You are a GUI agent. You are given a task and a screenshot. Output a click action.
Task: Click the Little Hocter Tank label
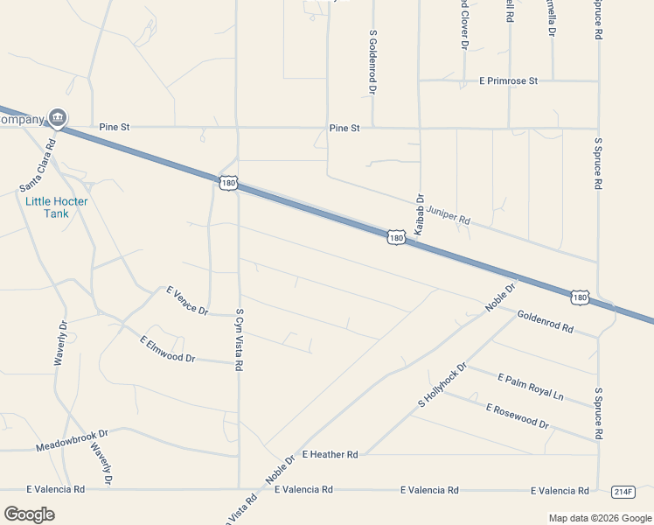pyautogui.click(x=57, y=206)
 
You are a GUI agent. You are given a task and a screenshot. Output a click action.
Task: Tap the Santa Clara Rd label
pyautogui.click(x=38, y=165)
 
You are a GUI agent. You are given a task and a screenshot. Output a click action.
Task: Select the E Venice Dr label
pyautogui.click(x=187, y=299)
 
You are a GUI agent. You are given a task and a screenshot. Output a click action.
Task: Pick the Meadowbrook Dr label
pyautogui.click(x=72, y=440)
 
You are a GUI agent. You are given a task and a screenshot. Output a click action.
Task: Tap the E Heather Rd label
pyautogui.click(x=330, y=454)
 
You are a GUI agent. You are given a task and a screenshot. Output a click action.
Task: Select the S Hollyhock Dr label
pyautogui.click(x=442, y=385)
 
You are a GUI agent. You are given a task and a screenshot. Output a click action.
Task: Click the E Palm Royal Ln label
pyautogui.click(x=531, y=387)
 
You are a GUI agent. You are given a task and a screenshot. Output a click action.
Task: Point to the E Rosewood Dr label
pyautogui.click(x=517, y=416)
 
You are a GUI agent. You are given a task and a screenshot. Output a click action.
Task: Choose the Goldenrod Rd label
pyautogui.click(x=545, y=321)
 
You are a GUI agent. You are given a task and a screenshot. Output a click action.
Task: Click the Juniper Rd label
pyautogui.click(x=449, y=215)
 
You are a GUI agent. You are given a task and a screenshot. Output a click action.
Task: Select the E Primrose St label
pyautogui.click(x=508, y=80)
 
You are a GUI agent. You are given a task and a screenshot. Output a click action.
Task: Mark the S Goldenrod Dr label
pyautogui.click(x=372, y=61)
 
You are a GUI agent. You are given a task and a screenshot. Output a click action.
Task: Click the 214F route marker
pyautogui.click(x=623, y=491)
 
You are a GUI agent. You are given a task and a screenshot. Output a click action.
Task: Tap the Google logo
pyautogui.click(x=29, y=514)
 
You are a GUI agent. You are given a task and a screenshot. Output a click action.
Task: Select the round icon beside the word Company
pyautogui.click(x=58, y=116)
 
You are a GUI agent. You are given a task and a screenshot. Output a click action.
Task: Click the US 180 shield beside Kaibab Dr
pyautogui.click(x=397, y=237)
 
